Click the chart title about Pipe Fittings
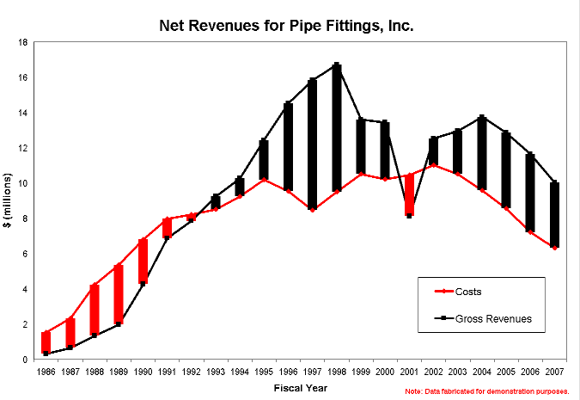(287, 26)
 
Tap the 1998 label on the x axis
(337, 372)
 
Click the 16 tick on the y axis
(27, 77)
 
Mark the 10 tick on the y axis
(27, 183)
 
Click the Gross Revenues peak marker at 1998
(337, 65)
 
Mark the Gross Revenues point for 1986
(46, 354)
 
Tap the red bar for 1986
(46, 342)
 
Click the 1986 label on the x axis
(46, 372)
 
